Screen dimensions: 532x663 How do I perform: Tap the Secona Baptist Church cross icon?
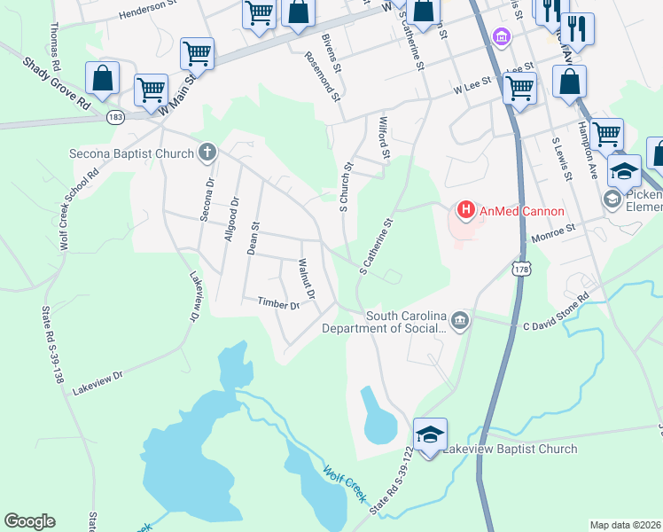pos(207,153)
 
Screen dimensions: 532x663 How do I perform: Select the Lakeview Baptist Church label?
pos(510,449)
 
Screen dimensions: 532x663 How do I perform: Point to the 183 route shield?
pos(115,117)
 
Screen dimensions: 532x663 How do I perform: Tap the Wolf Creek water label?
pos(344,484)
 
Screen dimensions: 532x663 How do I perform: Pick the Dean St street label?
pos(253,238)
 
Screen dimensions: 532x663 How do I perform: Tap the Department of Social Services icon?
pos(460,320)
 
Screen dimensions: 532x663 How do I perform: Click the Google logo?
pos(30,521)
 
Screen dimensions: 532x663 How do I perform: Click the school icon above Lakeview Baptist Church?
pos(430,434)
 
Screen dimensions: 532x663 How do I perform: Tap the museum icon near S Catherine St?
pos(502,37)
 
